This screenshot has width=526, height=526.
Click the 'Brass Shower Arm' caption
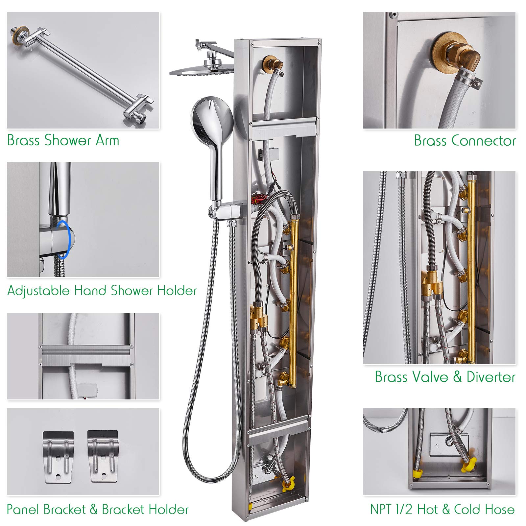(63, 140)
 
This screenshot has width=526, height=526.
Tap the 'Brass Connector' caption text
(465, 141)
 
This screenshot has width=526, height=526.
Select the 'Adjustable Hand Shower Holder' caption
(102, 291)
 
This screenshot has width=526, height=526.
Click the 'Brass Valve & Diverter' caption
(445, 377)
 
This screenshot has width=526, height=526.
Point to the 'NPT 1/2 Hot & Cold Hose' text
(442, 509)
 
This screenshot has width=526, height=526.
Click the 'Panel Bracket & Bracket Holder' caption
(97, 510)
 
